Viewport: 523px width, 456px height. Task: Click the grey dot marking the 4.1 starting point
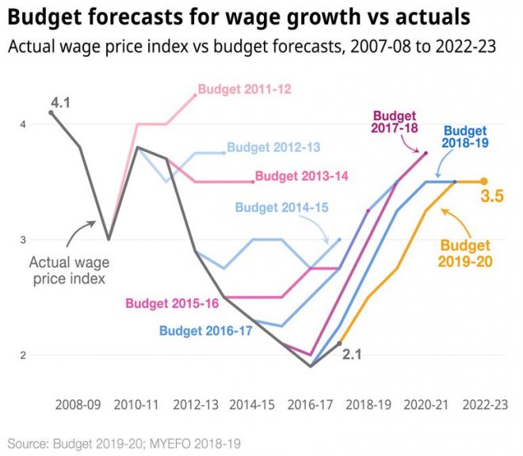52,112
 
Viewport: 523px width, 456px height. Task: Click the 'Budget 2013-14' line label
302,176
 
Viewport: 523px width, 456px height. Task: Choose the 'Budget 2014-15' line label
281,207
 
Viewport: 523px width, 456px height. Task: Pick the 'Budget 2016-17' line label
205,331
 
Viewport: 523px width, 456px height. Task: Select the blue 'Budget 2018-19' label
466,136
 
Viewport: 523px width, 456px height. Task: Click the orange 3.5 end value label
492,196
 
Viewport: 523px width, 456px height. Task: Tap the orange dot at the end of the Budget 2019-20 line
484,181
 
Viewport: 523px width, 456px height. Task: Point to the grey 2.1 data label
353,355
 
